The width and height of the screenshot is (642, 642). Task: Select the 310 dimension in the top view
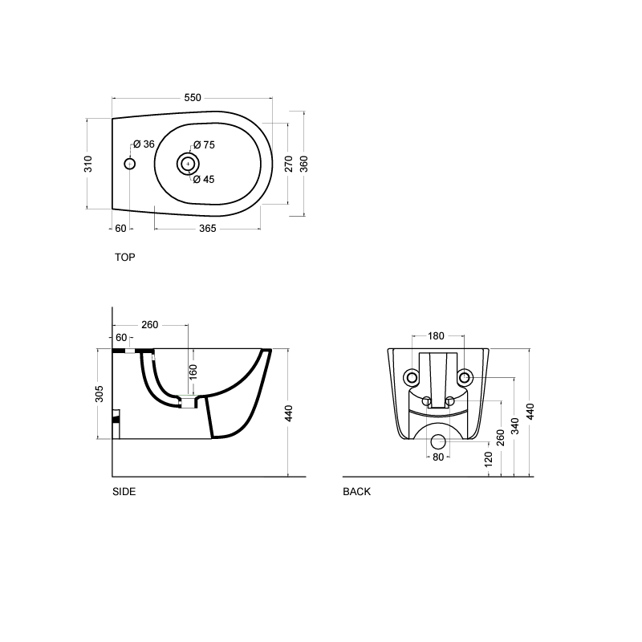pos(89,163)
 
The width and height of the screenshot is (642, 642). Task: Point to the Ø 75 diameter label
pos(204,145)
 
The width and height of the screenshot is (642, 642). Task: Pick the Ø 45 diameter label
pos(204,180)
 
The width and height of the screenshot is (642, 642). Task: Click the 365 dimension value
pos(207,229)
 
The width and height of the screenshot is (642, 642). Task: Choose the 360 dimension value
pos(303,163)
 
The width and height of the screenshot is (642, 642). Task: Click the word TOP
pos(125,258)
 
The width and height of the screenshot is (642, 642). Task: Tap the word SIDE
pos(124,492)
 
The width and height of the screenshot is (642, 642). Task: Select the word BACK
pos(357,492)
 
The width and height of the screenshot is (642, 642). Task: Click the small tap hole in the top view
pos(130,164)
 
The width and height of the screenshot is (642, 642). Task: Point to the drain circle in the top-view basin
pos(187,164)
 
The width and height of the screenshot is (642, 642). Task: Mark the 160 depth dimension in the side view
pos(193,372)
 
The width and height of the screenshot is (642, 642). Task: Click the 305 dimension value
pos(100,394)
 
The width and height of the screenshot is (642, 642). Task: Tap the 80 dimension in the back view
pos(437,457)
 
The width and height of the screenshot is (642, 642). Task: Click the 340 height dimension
pos(515,426)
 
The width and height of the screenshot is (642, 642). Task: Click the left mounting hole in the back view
pos(412,377)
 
